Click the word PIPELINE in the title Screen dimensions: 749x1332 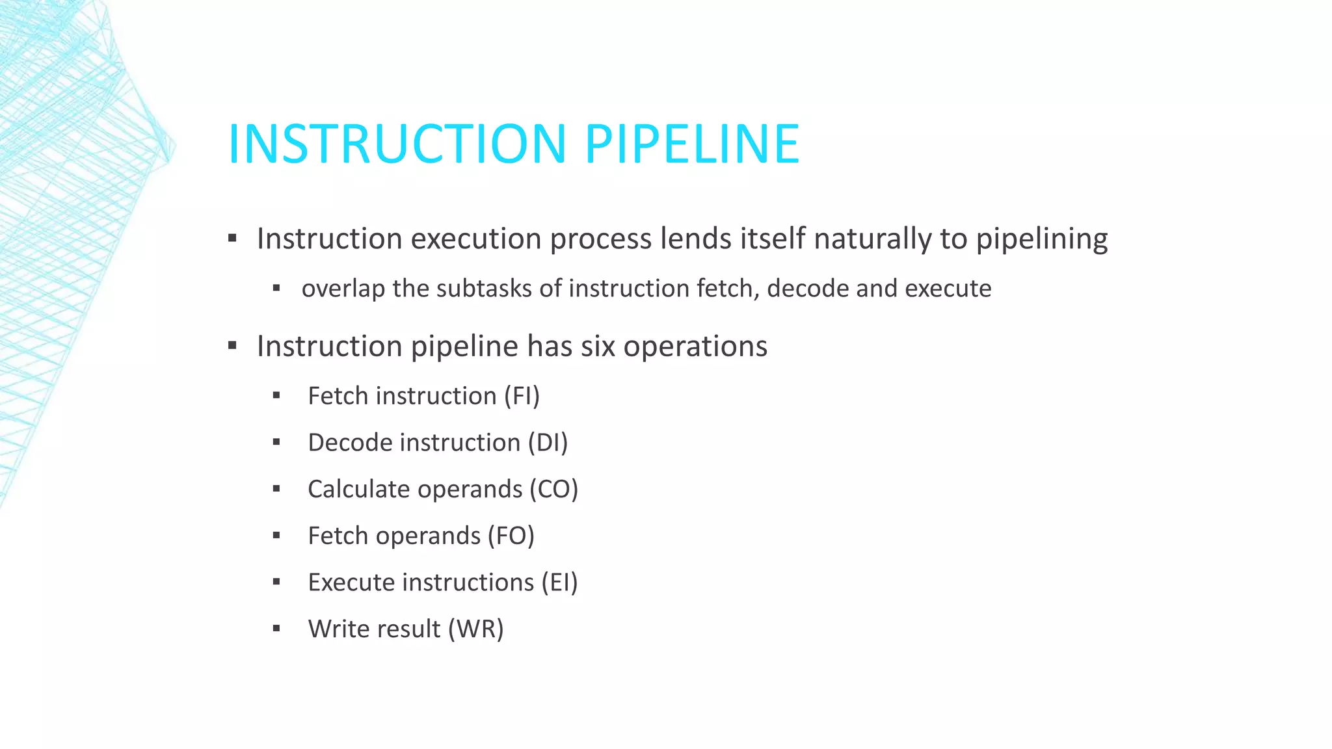(692, 144)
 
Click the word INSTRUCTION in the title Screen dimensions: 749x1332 (397, 144)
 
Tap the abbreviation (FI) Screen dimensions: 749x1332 (522, 396)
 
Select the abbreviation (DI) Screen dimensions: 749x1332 (548, 443)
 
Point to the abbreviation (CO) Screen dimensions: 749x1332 (553, 490)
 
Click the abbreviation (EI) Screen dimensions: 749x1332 (559, 583)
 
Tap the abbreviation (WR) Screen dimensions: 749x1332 (476, 629)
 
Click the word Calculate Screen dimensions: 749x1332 (360, 490)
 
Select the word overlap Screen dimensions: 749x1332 (343, 289)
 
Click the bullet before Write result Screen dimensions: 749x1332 (276, 629)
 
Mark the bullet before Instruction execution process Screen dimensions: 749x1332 (232, 238)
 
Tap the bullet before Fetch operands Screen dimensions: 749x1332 (276, 536)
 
